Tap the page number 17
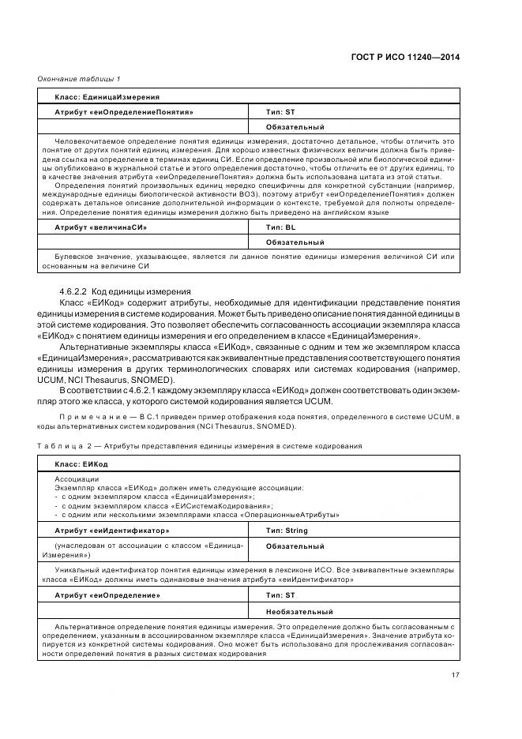pos(456,674)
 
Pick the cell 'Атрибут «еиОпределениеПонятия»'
pos(124,112)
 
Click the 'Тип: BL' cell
pos(281,227)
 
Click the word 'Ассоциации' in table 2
pos(77,479)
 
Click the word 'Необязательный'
pos(299,611)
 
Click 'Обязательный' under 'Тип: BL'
pos(295,242)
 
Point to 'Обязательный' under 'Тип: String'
pos(295,546)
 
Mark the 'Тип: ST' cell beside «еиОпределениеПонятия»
pos(280,112)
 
